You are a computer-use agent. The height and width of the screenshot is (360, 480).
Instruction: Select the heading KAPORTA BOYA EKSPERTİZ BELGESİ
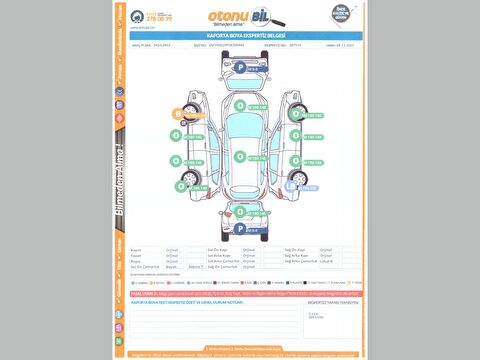coord(240,34)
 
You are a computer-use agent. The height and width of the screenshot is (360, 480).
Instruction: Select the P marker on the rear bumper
coord(240,228)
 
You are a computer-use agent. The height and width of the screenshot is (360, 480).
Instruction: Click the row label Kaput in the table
coord(136,249)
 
